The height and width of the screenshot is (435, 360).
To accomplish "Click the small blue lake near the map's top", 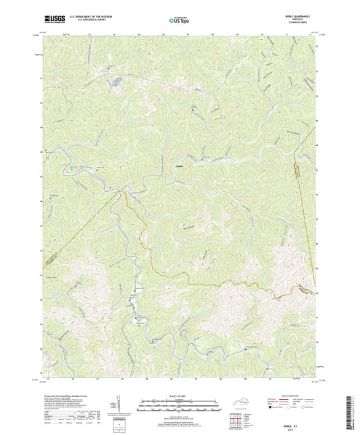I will (117, 81).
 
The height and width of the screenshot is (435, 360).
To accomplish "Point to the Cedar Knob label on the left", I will (53, 275).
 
